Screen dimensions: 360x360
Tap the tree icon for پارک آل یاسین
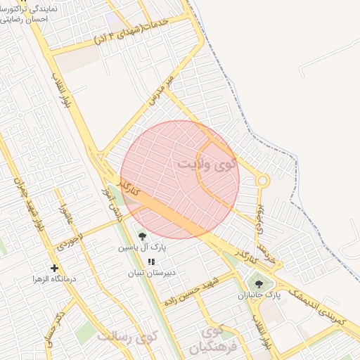pyautogui.click(x=143, y=236)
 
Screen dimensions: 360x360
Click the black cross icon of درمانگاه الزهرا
pyautogui.click(x=54, y=268)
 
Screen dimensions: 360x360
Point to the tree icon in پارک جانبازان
pyautogui.click(x=259, y=284)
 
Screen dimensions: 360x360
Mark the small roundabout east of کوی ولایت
pyautogui.click(x=262, y=181)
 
